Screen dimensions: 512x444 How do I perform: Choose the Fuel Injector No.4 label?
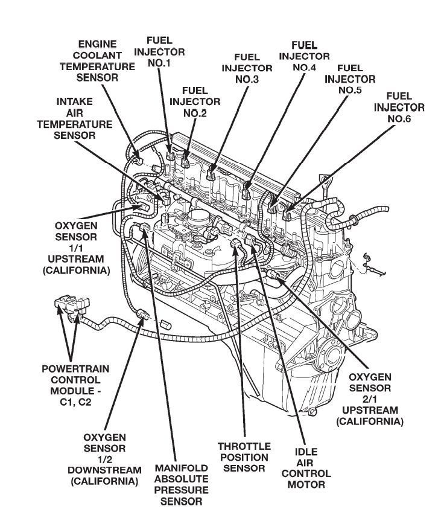[x=304, y=56]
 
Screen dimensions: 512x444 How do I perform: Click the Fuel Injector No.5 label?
[x=350, y=79]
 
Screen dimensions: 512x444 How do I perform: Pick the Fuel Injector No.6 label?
[x=399, y=107]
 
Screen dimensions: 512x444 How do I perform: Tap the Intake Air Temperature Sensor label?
[x=75, y=118]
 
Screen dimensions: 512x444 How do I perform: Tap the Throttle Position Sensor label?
[x=244, y=456]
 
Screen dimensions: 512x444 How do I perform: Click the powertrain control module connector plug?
[x=69, y=305]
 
